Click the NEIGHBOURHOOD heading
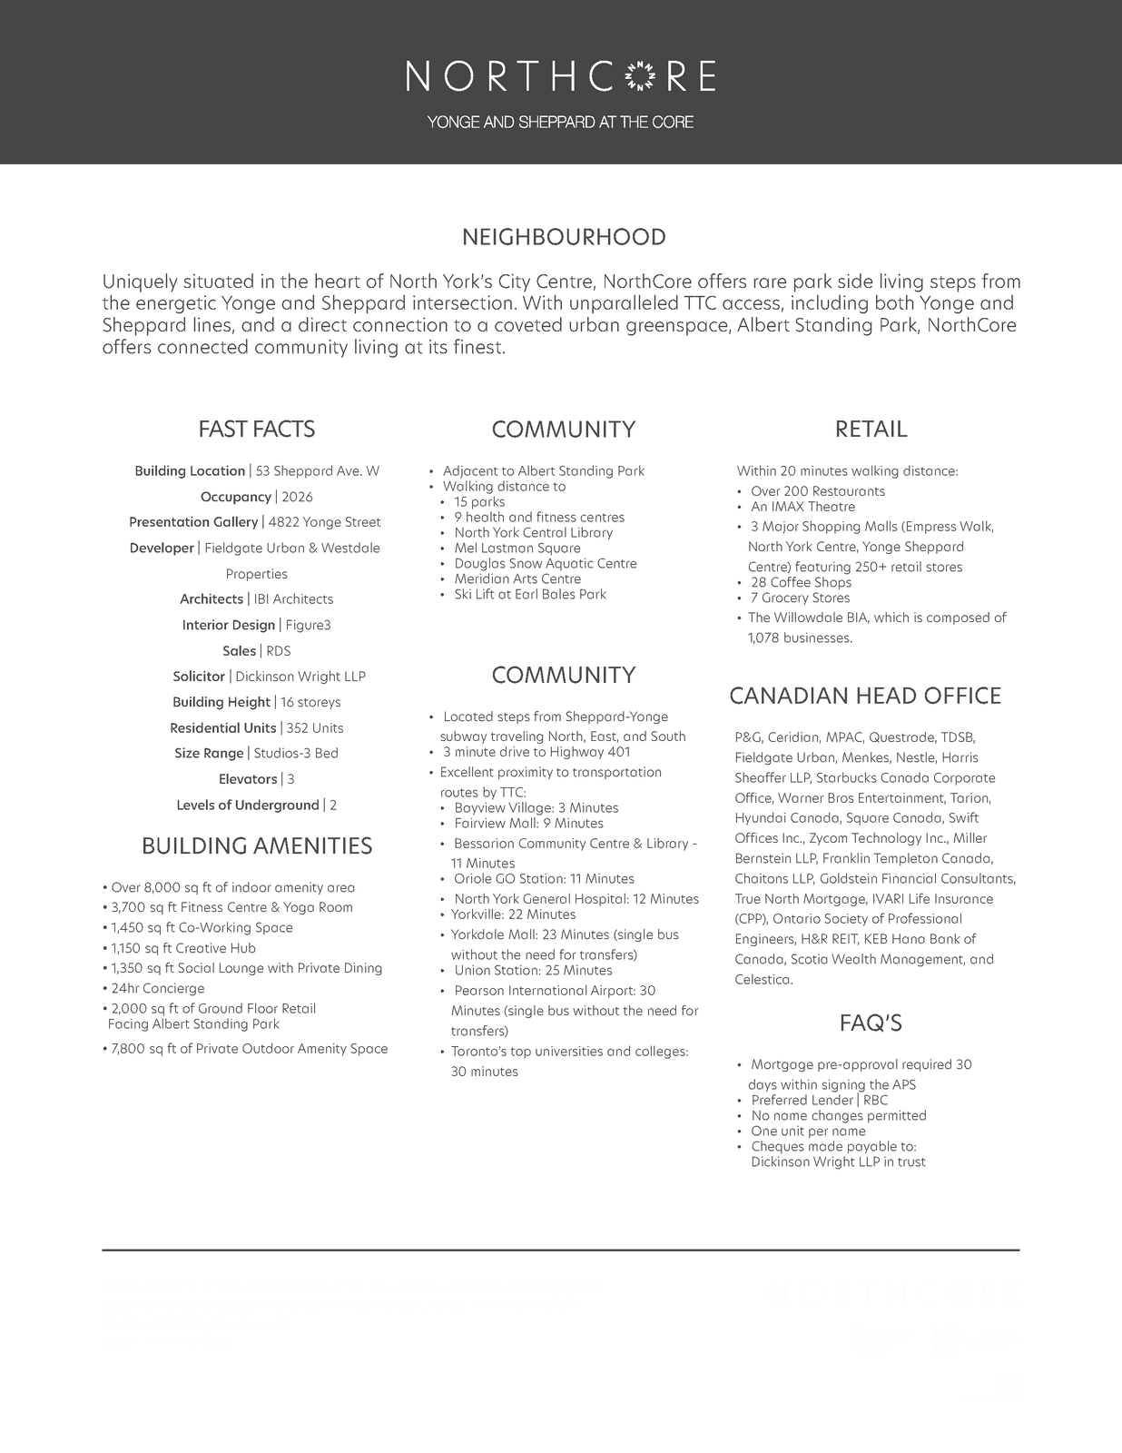(x=564, y=238)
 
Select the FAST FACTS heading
(x=257, y=430)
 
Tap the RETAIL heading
(x=871, y=430)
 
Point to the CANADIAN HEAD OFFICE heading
(x=865, y=697)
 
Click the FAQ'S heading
(x=871, y=1024)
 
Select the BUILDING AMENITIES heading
(x=257, y=846)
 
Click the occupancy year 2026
(x=297, y=497)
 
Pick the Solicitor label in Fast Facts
(x=199, y=677)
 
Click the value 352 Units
(x=314, y=728)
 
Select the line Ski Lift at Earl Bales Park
(x=530, y=595)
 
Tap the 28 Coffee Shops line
(x=801, y=583)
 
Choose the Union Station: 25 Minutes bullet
(x=533, y=971)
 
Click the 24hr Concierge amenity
(x=158, y=989)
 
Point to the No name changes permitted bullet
(x=838, y=1116)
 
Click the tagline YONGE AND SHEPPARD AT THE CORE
(x=561, y=123)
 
